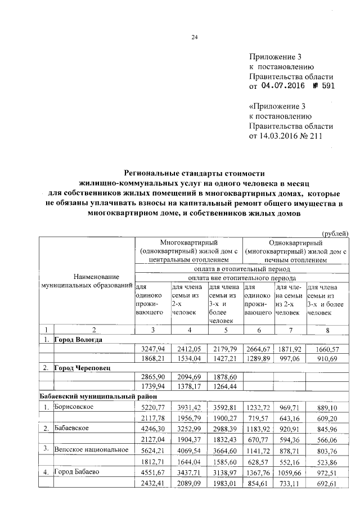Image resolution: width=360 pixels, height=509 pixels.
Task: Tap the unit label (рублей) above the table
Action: [335, 233]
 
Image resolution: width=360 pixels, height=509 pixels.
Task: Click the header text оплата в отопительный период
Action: [242, 269]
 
